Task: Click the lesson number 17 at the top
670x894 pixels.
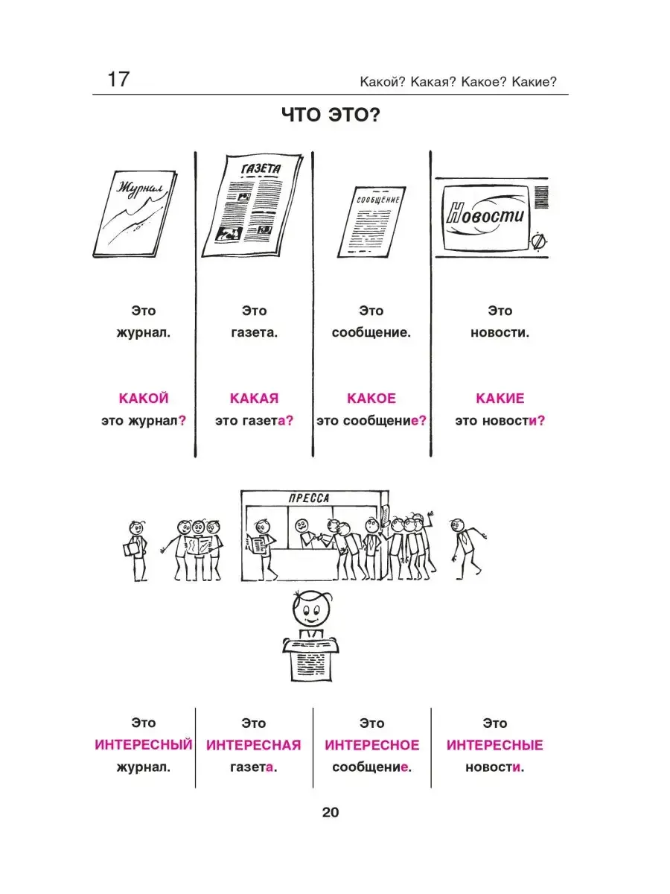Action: coord(118,79)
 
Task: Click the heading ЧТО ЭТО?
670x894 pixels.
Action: coord(331,115)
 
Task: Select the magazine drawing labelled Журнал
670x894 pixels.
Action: coord(135,214)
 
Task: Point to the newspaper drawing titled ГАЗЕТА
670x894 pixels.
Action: coord(252,206)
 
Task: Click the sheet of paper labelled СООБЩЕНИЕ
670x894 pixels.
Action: coord(371,222)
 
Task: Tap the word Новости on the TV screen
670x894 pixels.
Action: coord(485,215)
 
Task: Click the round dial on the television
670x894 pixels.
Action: coord(538,241)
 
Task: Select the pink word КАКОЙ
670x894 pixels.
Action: coord(144,398)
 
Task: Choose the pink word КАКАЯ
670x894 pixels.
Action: coord(255,398)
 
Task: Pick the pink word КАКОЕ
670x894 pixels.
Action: coord(371,398)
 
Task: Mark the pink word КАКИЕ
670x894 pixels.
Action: coord(500,398)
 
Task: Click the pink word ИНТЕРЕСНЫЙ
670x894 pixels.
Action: coord(144,744)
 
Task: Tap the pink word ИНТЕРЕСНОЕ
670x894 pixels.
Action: coord(371,745)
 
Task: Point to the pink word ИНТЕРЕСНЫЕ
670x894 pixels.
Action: coord(494,745)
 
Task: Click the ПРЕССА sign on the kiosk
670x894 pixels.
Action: coord(309,498)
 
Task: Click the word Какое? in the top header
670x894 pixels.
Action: coord(484,82)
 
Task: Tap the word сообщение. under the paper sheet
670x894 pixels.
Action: coord(371,333)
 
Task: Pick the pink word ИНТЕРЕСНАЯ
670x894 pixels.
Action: coord(253,745)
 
